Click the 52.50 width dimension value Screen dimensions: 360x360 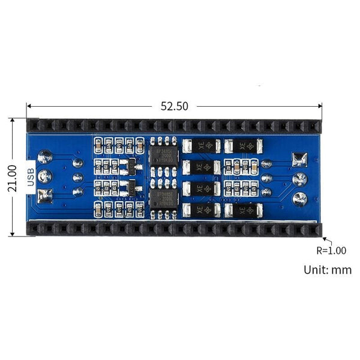[174, 106]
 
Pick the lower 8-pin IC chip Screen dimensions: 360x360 [163, 198]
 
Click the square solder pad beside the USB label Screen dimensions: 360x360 [45, 195]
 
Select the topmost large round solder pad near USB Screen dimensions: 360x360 [45, 157]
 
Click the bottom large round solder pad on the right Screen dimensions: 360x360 [299, 199]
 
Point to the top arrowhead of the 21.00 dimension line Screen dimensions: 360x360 [12, 121]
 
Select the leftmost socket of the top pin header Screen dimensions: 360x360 [34, 125]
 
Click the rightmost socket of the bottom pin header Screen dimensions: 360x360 [314, 230]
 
